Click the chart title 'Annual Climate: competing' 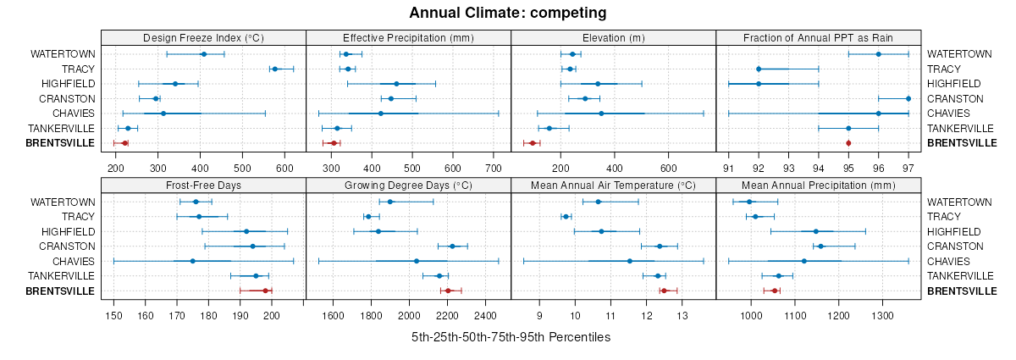508,13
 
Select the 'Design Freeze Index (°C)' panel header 203,37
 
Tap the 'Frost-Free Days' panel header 203,186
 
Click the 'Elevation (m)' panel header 614,37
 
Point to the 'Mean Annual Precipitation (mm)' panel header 818,186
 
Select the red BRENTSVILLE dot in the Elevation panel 533,143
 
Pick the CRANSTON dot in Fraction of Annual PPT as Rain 908,98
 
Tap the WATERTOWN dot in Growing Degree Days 389,202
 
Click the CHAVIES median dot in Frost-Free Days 193,261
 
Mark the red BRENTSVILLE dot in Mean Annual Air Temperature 664,291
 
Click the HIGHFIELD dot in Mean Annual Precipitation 816,231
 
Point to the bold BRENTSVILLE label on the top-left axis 61,143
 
